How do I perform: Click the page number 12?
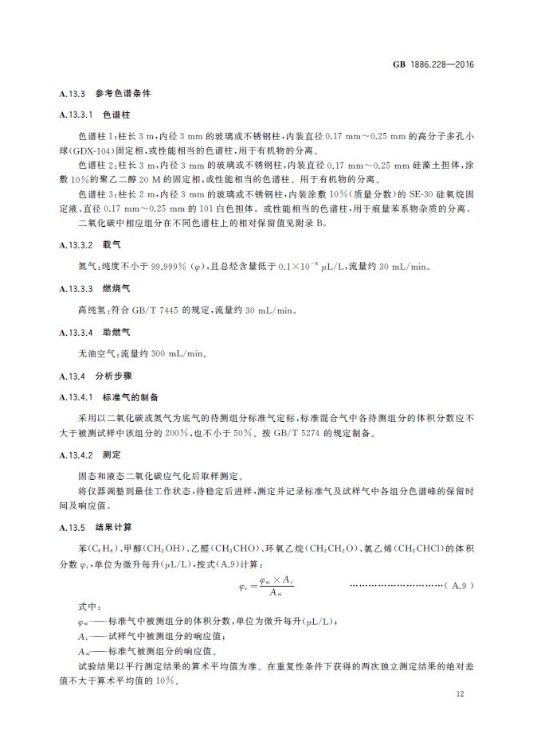click(x=460, y=694)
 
